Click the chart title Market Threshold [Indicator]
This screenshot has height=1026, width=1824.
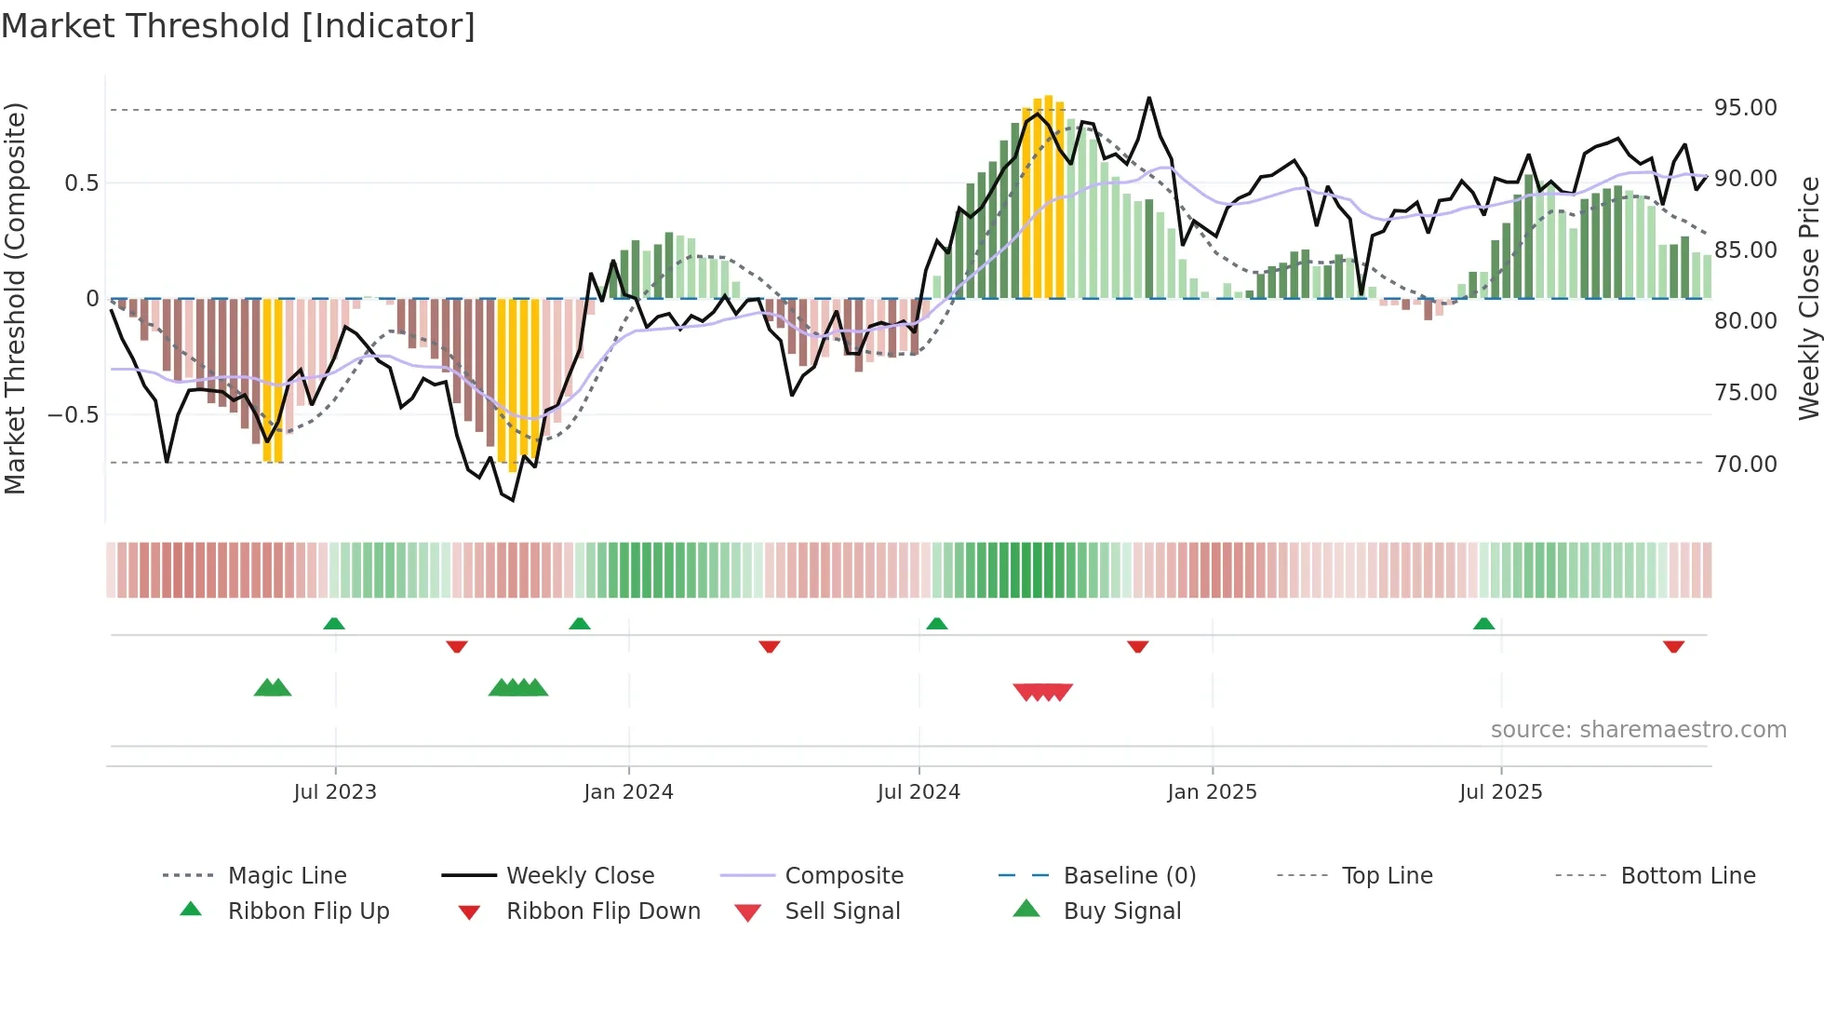click(238, 26)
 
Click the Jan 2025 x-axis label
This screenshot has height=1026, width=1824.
click(1212, 792)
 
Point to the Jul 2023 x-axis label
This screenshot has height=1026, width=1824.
click(335, 792)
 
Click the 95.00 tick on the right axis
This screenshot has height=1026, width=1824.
click(1745, 108)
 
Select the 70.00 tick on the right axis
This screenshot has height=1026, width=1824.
click(1745, 464)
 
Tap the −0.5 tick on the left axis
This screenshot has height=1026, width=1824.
click(73, 415)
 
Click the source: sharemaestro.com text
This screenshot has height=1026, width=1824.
click(1638, 730)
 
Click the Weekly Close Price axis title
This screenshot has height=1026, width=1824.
click(1807, 298)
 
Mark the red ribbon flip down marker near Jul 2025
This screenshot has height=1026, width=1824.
click(1673, 646)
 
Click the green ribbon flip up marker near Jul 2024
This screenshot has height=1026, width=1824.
click(936, 624)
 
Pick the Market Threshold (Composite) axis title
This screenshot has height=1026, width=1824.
click(15, 298)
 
